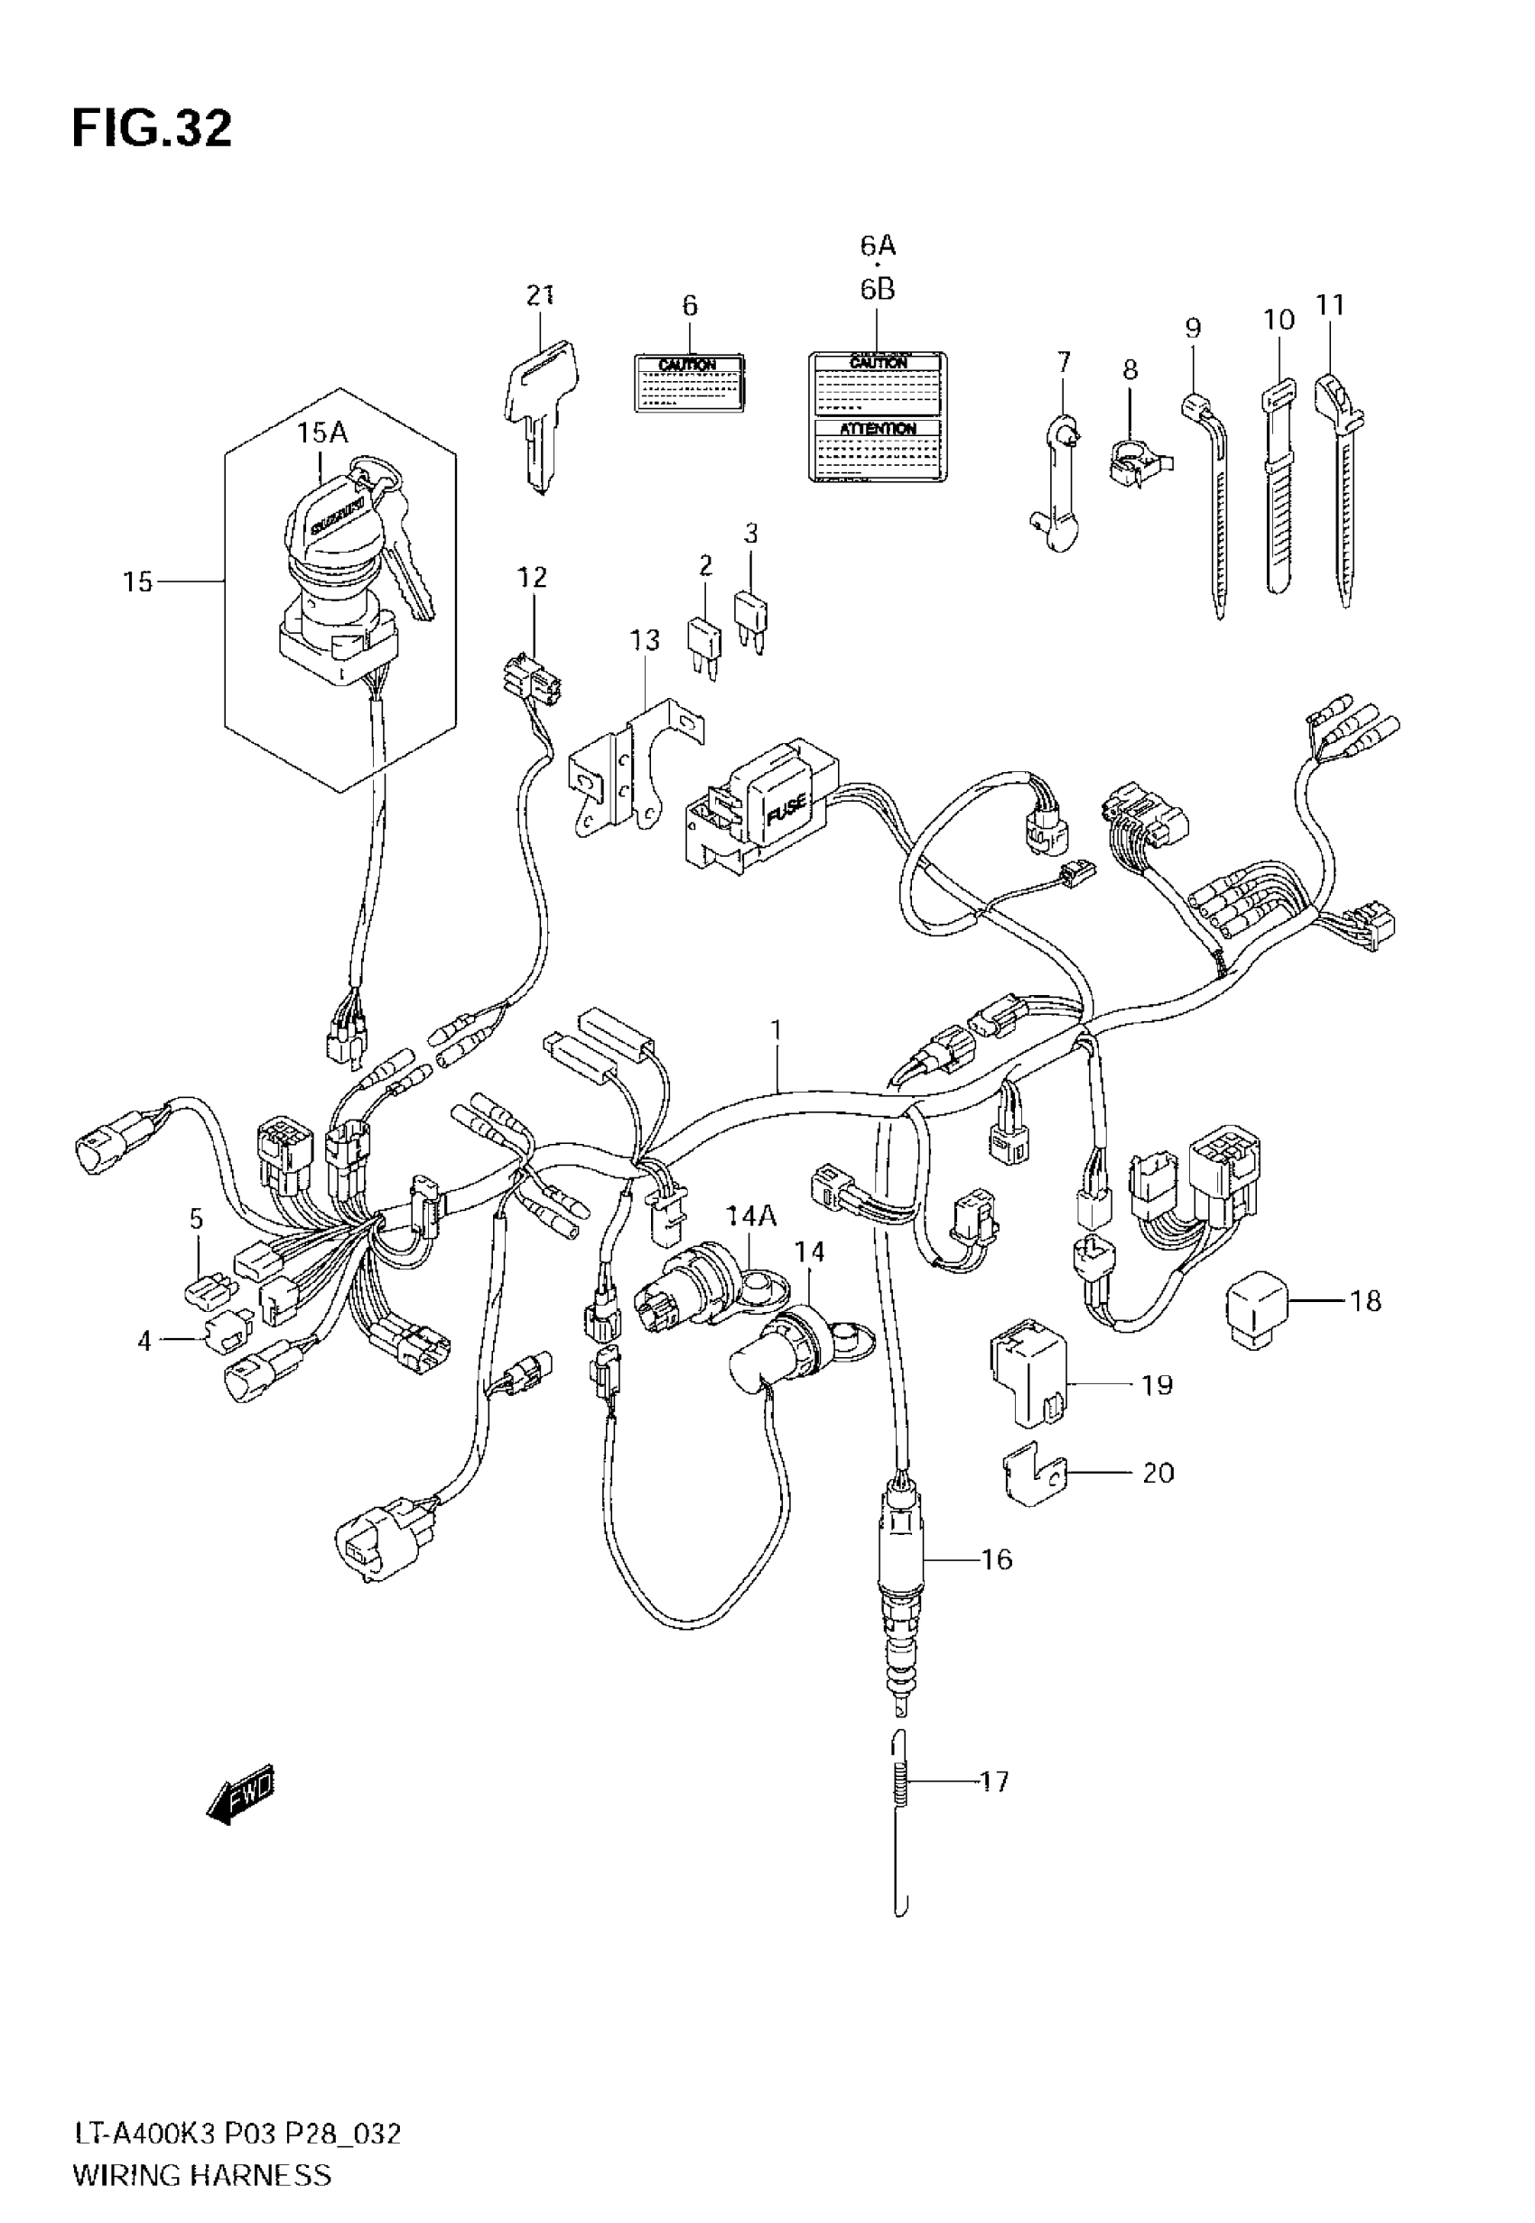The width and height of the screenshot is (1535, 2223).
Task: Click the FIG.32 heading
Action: [152, 129]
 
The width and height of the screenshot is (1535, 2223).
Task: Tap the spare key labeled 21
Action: [541, 404]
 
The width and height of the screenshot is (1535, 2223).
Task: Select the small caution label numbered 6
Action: [690, 383]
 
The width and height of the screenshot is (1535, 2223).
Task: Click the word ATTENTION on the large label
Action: [877, 429]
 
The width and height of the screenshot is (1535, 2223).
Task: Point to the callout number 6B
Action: [877, 290]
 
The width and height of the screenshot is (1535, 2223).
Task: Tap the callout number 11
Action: [1329, 306]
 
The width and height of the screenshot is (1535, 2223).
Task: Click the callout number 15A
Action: [321, 433]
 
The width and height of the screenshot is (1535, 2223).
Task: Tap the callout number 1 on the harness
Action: [776, 1031]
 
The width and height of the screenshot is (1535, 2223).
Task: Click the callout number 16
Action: [998, 1558]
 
